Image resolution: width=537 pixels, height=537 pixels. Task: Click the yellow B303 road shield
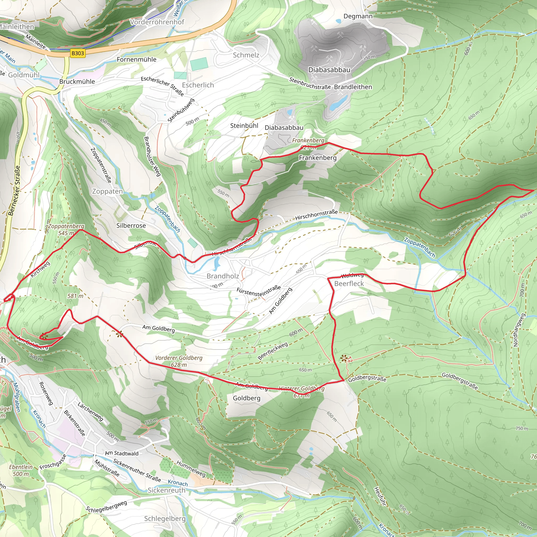click(77, 53)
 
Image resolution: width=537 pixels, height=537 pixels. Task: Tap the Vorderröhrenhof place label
click(157, 22)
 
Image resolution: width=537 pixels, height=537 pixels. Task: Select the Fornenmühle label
click(136, 60)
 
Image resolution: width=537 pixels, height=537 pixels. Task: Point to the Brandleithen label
click(353, 87)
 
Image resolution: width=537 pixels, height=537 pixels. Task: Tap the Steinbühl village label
click(244, 126)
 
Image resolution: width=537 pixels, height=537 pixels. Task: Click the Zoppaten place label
click(107, 191)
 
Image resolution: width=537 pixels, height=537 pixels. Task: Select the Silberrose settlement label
click(131, 225)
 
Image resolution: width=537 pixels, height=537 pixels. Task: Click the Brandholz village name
click(223, 276)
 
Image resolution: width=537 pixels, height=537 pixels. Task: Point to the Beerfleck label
click(349, 283)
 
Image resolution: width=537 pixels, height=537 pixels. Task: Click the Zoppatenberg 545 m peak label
click(66, 230)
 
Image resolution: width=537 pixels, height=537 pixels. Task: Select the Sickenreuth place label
click(166, 490)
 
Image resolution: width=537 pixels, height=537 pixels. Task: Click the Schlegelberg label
click(165, 519)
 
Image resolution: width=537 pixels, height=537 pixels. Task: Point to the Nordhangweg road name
click(516, 330)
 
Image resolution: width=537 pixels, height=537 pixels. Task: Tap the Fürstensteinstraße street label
click(259, 291)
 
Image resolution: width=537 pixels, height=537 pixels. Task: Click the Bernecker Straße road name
click(14, 191)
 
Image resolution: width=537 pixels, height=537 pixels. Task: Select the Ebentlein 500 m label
click(21, 470)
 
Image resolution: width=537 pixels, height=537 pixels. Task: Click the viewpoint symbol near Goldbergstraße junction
click(344, 358)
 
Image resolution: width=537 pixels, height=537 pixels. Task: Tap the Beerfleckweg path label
click(273, 351)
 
